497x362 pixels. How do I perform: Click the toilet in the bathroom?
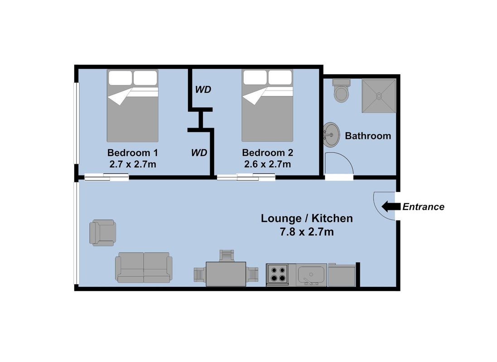[341, 90]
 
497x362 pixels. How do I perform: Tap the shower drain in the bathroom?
[379, 95]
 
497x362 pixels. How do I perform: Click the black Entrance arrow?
[391, 206]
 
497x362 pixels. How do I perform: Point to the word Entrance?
[423, 207]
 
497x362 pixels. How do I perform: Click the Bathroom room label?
[368, 136]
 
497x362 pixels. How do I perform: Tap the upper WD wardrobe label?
[203, 90]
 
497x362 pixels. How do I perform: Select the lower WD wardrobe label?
[199, 152]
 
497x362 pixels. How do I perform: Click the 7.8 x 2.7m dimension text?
[307, 232]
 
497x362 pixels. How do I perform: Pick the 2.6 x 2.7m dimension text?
[267, 164]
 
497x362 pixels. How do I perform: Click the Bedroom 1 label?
[132, 152]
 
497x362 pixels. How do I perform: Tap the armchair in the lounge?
[103, 233]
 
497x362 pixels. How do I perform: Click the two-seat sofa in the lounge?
[144, 267]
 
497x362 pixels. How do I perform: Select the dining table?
[226, 274]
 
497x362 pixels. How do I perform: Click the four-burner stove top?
[277, 274]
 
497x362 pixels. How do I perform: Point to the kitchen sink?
[312, 274]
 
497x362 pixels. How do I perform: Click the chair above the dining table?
[227, 256]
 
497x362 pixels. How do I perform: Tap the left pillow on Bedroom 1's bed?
[120, 78]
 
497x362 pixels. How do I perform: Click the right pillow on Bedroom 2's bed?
[280, 77]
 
